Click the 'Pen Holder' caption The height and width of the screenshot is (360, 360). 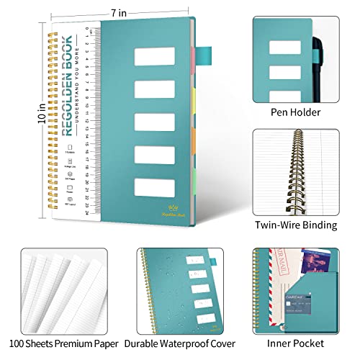coord(294,112)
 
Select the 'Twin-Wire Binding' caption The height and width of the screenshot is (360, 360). coord(295,225)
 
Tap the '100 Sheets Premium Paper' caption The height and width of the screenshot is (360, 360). coord(60,344)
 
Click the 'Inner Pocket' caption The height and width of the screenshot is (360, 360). coord(295,344)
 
